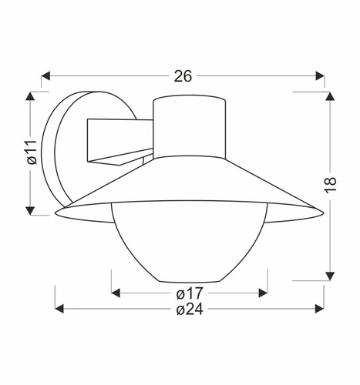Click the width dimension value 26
[x=183, y=75]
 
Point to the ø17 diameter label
[x=190, y=293]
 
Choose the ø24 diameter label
[x=190, y=310]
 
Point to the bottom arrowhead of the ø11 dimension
[x=31, y=210]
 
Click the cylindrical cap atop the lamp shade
[x=189, y=123]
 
